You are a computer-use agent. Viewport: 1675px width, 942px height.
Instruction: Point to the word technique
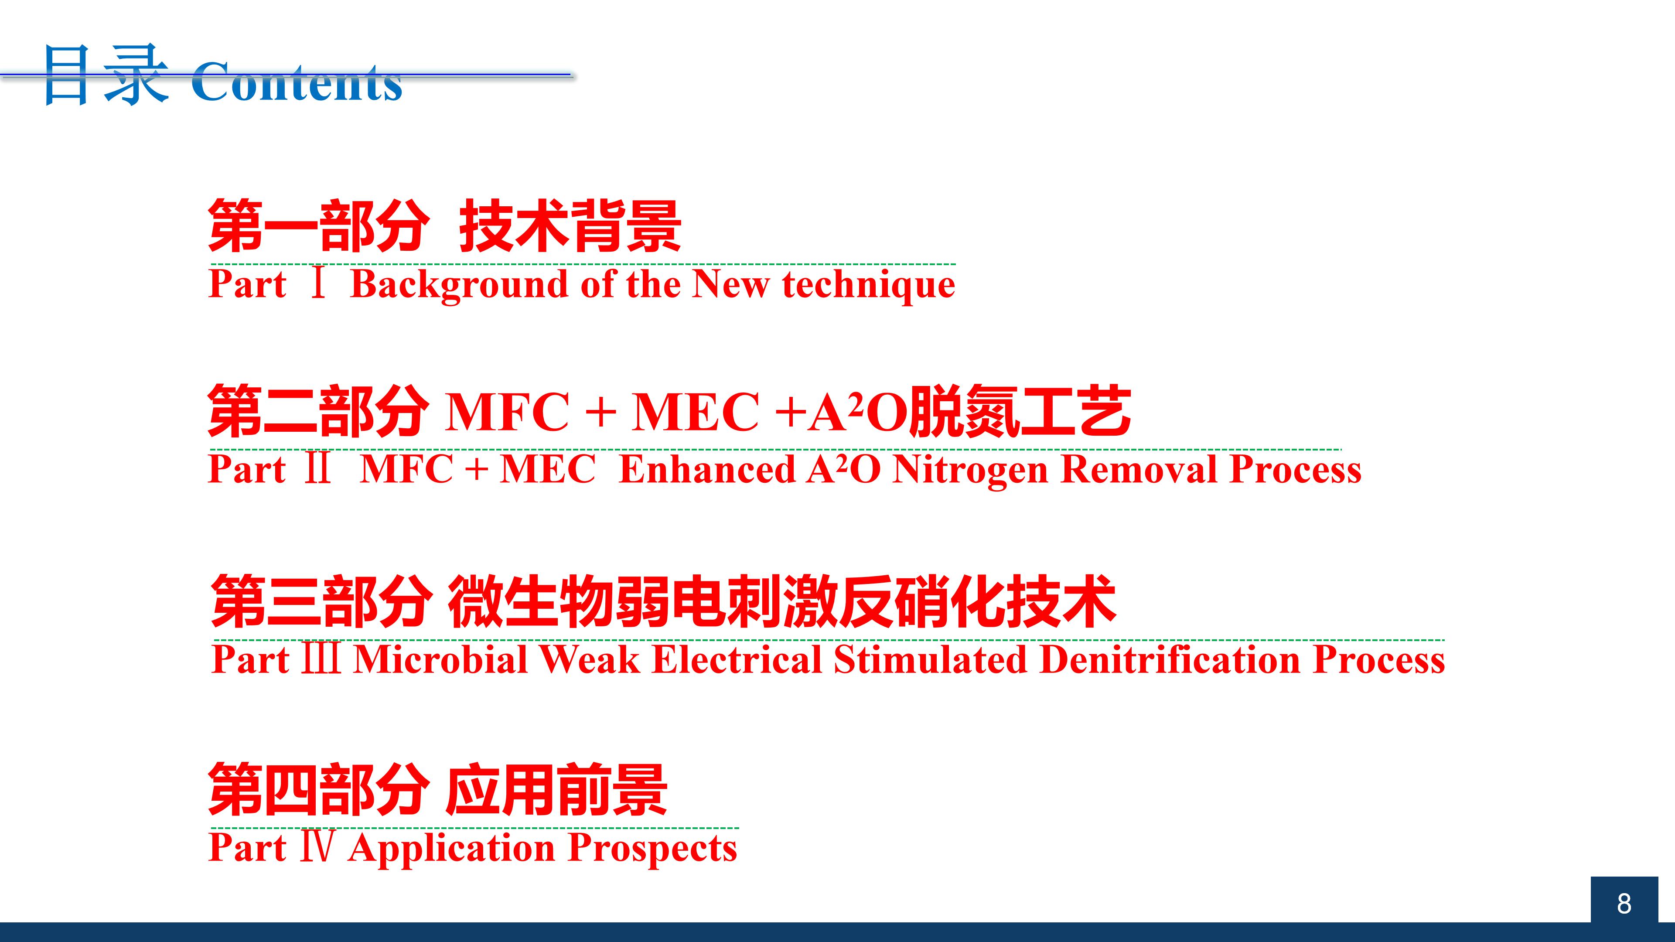(869, 285)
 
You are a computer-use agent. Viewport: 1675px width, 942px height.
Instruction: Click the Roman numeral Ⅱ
(318, 469)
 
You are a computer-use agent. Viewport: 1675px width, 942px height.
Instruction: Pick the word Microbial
(440, 659)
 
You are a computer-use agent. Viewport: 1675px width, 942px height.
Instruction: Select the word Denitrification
(1170, 659)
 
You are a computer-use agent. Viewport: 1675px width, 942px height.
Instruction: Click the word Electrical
(737, 659)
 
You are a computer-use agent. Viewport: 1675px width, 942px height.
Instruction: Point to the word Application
(452, 848)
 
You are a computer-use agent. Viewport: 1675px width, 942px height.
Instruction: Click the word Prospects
(653, 848)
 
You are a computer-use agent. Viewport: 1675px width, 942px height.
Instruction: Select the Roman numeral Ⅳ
(318, 847)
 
